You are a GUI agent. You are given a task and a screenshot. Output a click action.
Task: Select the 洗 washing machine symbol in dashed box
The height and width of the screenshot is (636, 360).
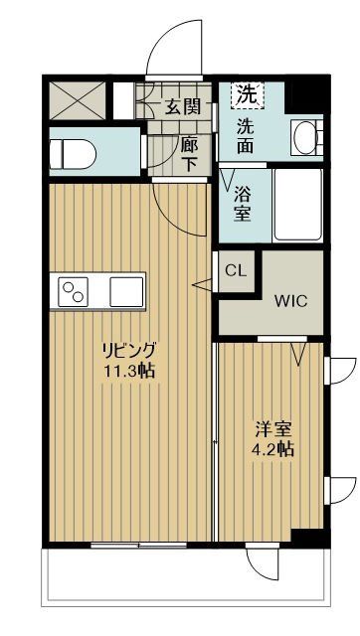click(246, 96)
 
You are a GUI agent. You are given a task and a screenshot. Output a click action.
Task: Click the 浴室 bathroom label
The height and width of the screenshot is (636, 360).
click(244, 204)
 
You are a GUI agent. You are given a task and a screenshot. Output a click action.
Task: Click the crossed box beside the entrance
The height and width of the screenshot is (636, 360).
click(77, 99)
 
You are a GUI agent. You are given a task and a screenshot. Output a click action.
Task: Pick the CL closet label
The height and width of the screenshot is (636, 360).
click(236, 270)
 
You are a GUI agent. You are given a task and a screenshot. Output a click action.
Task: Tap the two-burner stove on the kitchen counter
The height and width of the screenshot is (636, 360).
click(75, 292)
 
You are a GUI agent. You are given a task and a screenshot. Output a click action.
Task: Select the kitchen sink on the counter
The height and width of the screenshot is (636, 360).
click(126, 292)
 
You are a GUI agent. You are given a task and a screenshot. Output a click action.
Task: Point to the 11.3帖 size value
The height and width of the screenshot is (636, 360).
click(128, 372)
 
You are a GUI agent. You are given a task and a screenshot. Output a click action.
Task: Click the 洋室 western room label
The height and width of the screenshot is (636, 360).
click(270, 430)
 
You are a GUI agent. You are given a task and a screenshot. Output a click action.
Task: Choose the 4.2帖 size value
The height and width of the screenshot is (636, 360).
click(270, 450)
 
